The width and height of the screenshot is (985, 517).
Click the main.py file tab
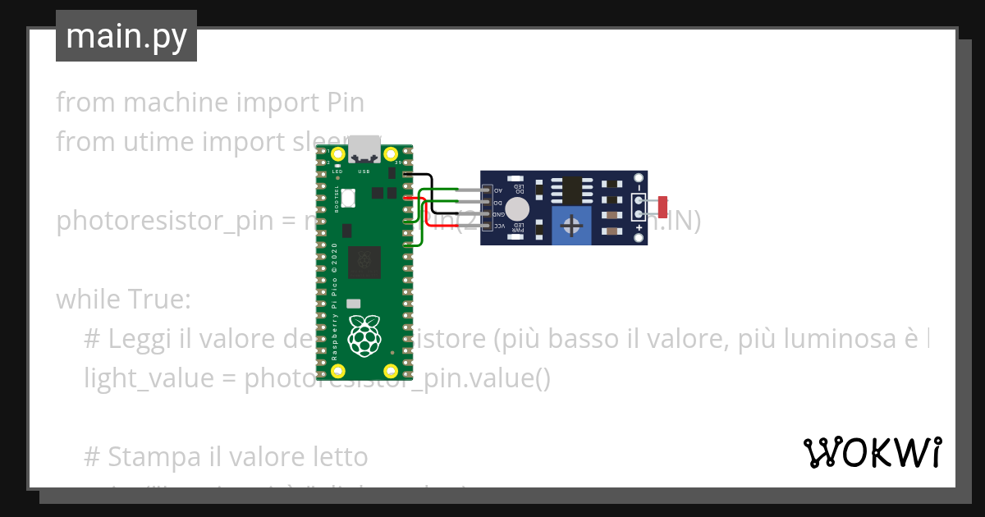pyautogui.click(x=126, y=37)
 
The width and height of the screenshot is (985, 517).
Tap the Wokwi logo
pyautogui.click(x=872, y=452)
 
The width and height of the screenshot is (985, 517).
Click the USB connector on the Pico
pyautogui.click(x=364, y=151)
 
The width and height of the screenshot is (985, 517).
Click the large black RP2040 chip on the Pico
pyautogui.click(x=364, y=263)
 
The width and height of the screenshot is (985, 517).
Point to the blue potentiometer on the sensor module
pyautogui.click(x=571, y=226)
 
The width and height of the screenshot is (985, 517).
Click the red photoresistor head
pyautogui.click(x=662, y=207)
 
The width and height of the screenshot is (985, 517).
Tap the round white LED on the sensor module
pyautogui.click(x=517, y=207)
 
